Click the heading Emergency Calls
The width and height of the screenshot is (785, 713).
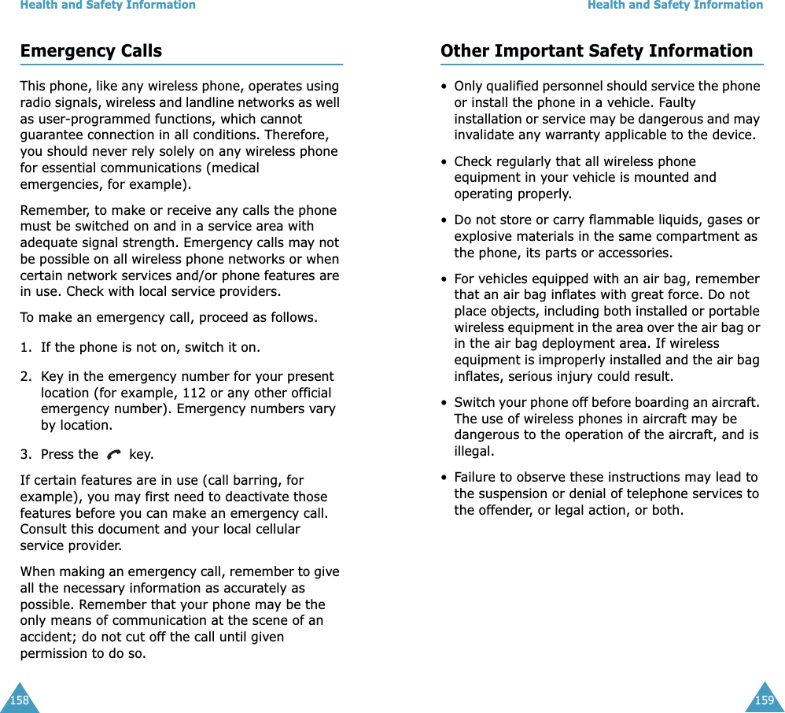point(91,51)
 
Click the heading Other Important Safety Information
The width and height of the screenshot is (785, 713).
point(596,51)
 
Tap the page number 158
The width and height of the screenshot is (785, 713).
point(18,700)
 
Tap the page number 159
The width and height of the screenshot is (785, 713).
point(765,700)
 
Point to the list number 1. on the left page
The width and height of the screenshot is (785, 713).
point(26,347)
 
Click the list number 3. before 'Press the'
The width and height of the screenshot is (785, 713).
point(26,454)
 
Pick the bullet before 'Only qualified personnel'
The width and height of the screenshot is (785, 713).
point(445,87)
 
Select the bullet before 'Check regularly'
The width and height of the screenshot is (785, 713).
point(445,162)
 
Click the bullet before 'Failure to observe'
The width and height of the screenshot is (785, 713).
point(445,478)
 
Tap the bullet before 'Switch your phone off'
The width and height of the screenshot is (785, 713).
point(445,403)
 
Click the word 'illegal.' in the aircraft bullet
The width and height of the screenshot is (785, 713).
point(474,452)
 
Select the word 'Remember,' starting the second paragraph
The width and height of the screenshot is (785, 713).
point(48,211)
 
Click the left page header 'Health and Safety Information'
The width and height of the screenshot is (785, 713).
point(108,6)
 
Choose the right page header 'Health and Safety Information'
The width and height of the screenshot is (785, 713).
point(675,6)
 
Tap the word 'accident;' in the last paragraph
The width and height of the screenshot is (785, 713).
point(46,637)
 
